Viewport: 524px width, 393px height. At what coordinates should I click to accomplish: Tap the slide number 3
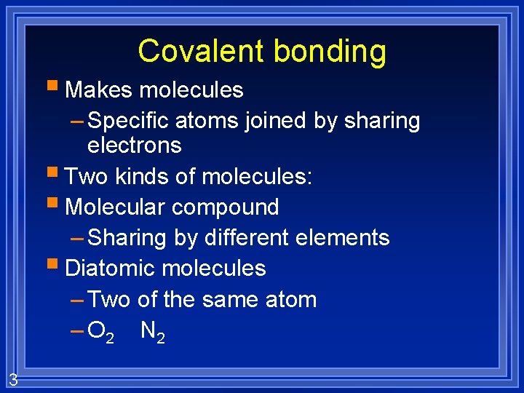point(13,380)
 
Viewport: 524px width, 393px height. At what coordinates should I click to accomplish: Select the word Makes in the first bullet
point(99,90)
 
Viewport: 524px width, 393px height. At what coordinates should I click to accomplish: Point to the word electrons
point(134,146)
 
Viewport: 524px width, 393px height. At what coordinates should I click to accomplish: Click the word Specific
point(127,121)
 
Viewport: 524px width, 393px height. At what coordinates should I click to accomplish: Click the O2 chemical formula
point(100,332)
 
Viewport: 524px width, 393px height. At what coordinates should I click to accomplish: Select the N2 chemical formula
point(152,332)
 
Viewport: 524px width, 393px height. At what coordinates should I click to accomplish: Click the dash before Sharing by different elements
point(77,238)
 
